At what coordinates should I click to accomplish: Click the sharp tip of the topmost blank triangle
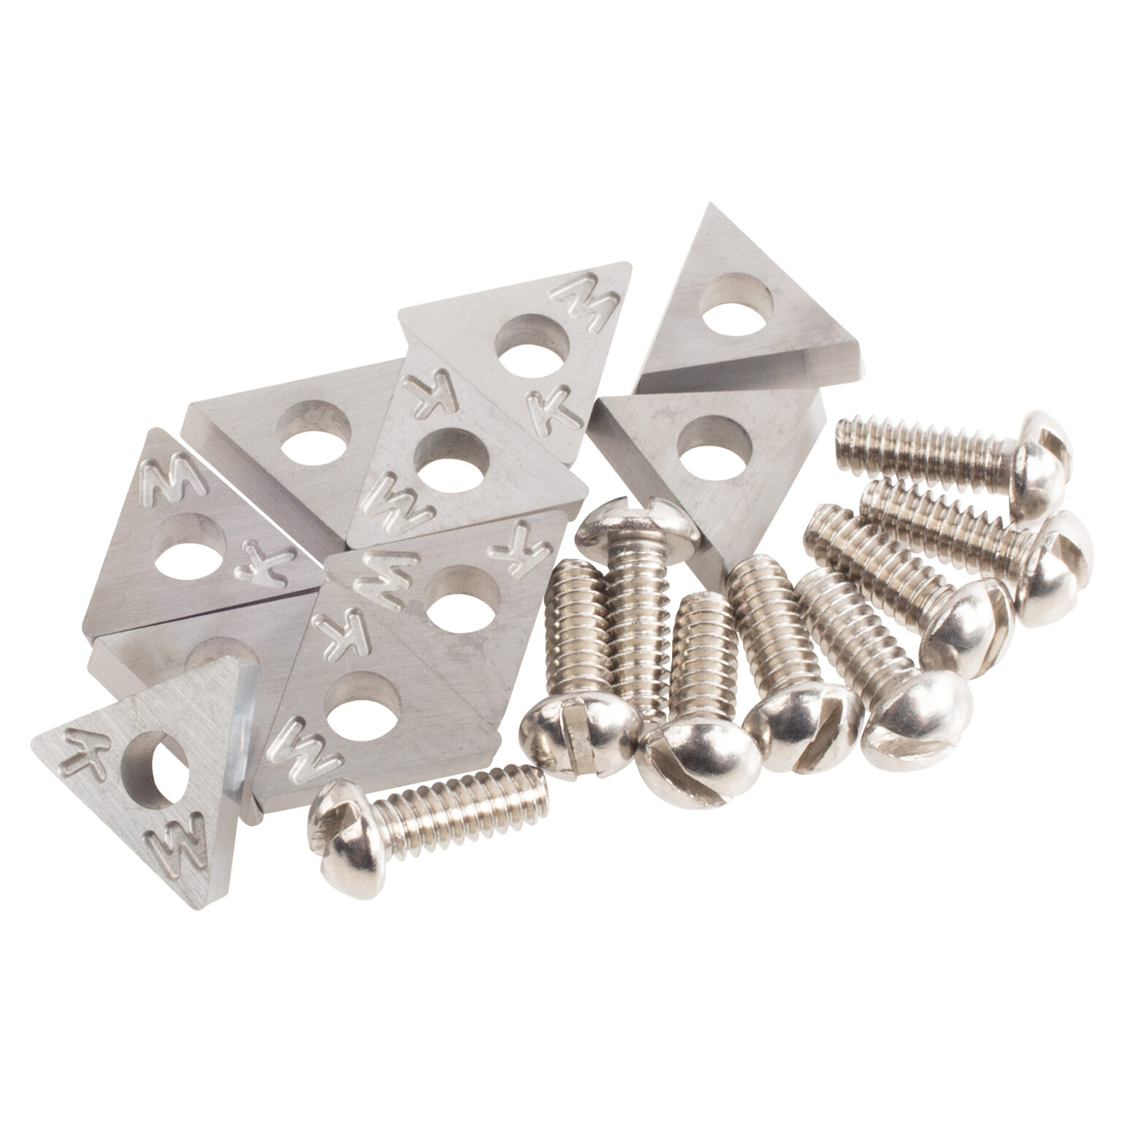pyautogui.click(x=705, y=212)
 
